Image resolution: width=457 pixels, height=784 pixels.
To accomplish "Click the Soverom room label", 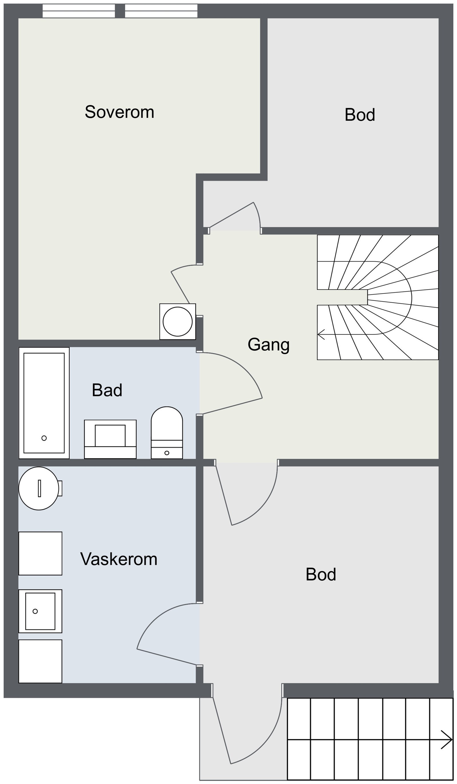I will click(119, 112).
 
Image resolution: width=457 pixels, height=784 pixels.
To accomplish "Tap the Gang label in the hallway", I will click(268, 345).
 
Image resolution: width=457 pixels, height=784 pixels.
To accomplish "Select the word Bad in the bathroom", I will click(107, 390).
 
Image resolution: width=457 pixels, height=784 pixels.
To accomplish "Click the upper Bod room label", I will click(360, 115).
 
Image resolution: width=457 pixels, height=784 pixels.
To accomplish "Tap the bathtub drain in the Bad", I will click(44, 438).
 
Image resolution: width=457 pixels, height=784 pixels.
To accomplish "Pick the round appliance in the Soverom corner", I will click(178, 321).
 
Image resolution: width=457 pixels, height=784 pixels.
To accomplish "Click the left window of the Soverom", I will click(79, 11).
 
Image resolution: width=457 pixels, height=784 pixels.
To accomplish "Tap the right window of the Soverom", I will click(161, 11).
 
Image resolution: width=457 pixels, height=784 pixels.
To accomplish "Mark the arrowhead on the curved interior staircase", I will click(321, 335).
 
